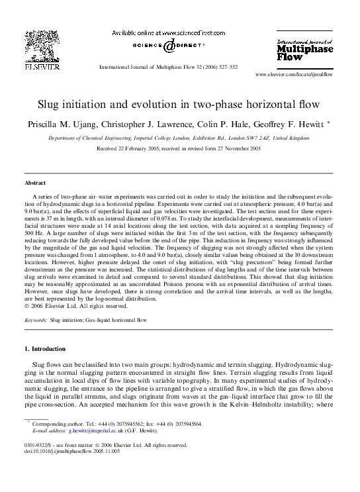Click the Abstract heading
35,182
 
